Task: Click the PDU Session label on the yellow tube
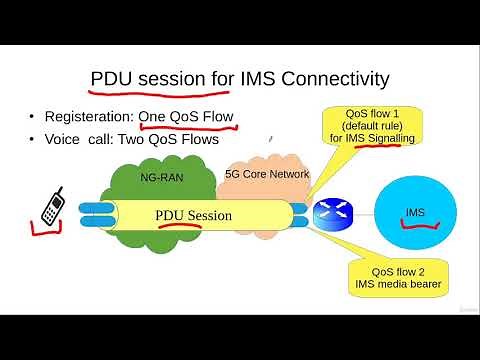click(193, 215)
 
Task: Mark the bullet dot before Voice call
click(35, 141)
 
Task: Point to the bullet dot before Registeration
click(35, 117)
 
